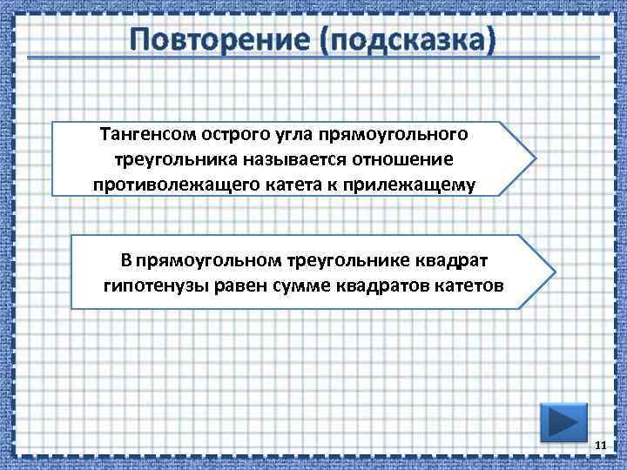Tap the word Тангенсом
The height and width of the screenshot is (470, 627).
click(x=147, y=135)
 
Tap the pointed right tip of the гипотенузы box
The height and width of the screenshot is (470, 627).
click(x=551, y=272)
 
